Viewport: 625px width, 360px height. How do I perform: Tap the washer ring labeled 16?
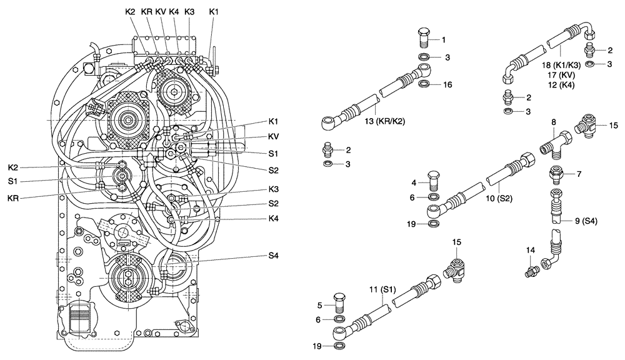pyautogui.click(x=424, y=84)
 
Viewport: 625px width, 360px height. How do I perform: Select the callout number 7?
pyautogui.click(x=579, y=174)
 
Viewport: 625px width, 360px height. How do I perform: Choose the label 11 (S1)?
pyautogui.click(x=382, y=291)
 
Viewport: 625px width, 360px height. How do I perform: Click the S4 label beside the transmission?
pyautogui.click(x=273, y=256)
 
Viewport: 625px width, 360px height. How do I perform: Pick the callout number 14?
pyautogui.click(x=530, y=250)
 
